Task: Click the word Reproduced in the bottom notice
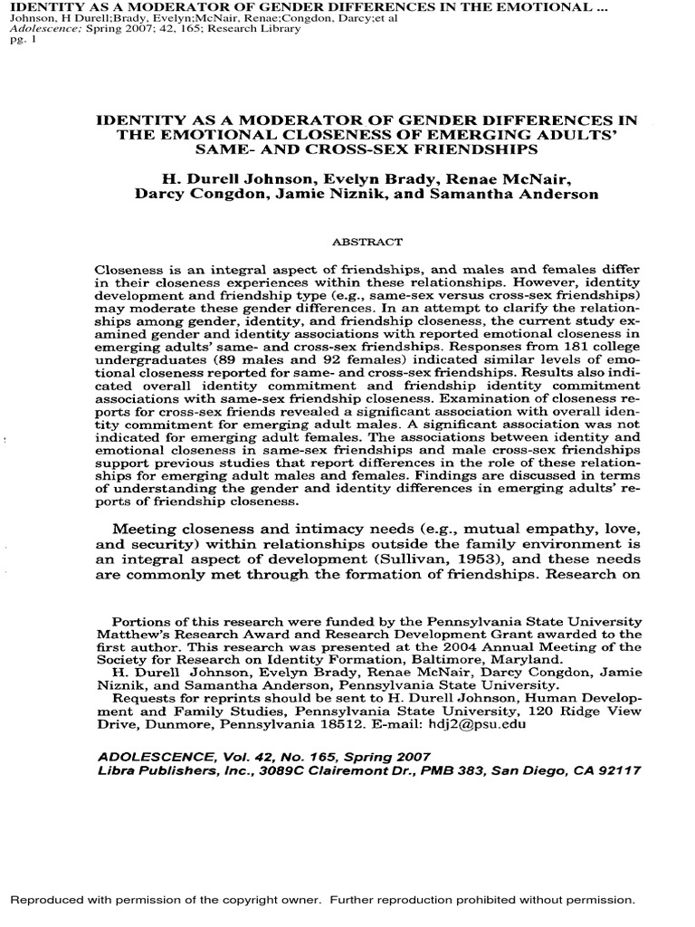tap(47, 900)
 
